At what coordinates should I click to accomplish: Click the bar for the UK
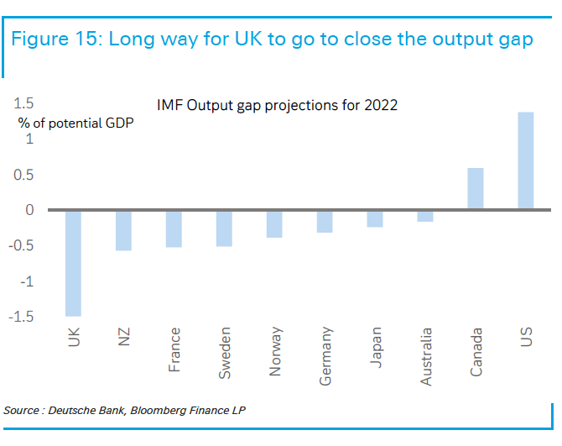[x=73, y=262]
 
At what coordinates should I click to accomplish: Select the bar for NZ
[x=123, y=230]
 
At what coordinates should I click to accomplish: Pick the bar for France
[x=174, y=228]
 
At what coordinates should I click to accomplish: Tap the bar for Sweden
[x=224, y=228]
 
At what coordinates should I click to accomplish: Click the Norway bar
[x=274, y=223]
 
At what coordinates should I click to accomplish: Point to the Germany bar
[x=325, y=221]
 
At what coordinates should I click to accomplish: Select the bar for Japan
[x=375, y=218]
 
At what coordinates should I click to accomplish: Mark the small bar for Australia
[x=425, y=215]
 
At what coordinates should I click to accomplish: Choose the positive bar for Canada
[x=476, y=189]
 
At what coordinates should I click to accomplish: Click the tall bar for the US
[x=526, y=160]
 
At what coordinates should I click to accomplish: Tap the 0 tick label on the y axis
[x=29, y=210]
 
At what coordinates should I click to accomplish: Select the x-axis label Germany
[x=326, y=357]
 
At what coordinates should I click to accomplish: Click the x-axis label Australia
[x=427, y=357]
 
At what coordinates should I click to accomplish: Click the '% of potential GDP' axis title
[x=75, y=123]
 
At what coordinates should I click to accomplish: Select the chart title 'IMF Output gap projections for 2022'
[x=277, y=106]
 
